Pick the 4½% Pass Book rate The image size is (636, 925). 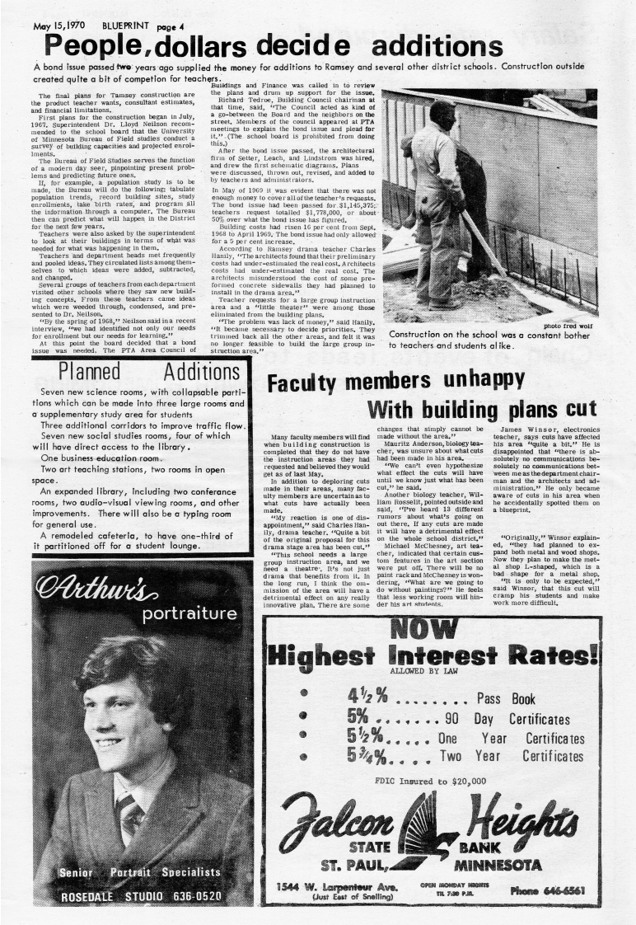click(368, 698)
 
